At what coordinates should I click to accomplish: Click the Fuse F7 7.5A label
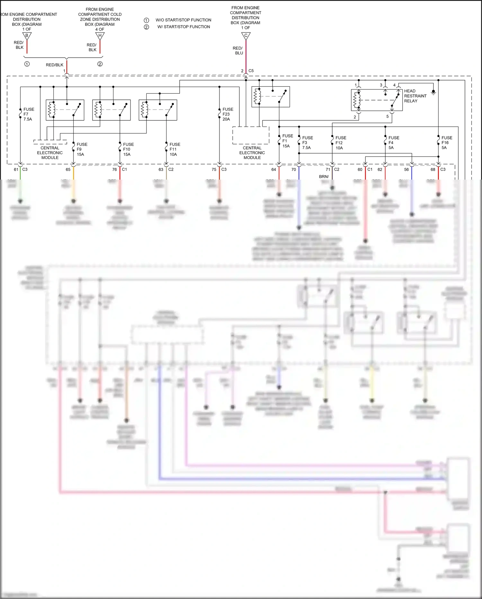click(28, 114)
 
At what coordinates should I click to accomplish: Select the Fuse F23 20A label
click(228, 114)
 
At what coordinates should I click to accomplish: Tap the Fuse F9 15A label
click(82, 149)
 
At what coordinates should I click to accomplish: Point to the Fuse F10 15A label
click(128, 149)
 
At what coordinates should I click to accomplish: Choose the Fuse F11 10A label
click(174, 149)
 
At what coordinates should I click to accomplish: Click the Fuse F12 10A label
click(341, 143)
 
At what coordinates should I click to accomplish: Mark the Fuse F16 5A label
click(446, 143)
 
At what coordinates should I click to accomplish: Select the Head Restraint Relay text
click(415, 96)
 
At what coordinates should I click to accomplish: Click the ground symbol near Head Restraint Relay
click(433, 93)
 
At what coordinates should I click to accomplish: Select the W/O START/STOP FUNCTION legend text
click(183, 20)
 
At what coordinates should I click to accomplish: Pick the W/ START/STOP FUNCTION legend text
click(183, 27)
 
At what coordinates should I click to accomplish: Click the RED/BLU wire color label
click(238, 51)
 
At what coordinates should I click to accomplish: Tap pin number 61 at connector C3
click(16, 169)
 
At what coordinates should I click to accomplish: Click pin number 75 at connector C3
click(214, 169)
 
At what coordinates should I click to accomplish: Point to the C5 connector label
click(251, 71)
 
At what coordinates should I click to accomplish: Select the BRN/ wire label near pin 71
click(324, 177)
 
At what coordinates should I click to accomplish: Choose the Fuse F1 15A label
click(287, 141)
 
